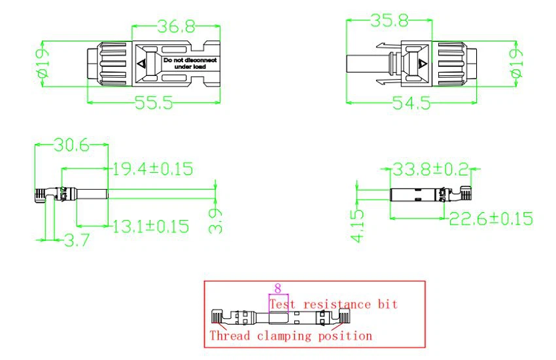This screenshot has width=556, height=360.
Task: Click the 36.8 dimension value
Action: point(177,26)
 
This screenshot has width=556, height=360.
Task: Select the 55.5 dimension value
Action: point(154,103)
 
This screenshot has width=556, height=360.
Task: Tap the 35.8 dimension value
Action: point(390,21)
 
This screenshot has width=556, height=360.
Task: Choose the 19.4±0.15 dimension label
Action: point(152,169)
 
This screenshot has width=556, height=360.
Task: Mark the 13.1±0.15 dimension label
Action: point(150,227)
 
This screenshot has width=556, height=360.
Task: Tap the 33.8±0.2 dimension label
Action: point(432,170)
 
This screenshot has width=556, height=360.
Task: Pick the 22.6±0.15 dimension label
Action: point(491,219)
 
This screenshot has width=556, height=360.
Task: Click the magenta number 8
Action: point(277,288)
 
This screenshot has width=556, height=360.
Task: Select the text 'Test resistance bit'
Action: point(334,304)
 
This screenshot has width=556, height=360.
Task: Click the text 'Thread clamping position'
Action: point(290,336)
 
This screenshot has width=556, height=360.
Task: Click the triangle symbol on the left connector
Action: point(143,64)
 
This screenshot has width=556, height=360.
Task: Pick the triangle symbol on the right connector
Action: point(423,64)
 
